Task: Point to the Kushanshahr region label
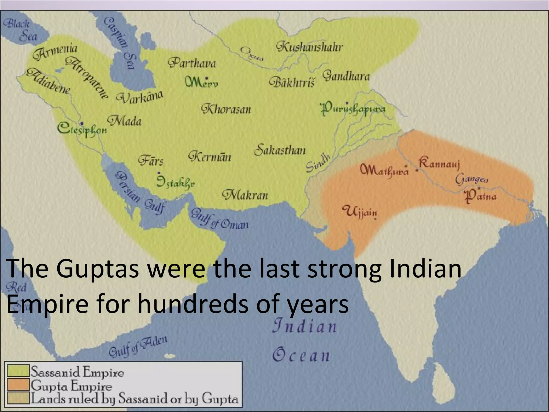[x=309, y=47]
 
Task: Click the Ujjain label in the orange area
[x=361, y=212]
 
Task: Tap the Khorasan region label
[x=226, y=109]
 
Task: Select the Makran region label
[x=245, y=194]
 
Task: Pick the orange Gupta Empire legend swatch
[x=18, y=384]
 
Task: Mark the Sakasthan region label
[x=280, y=149]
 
